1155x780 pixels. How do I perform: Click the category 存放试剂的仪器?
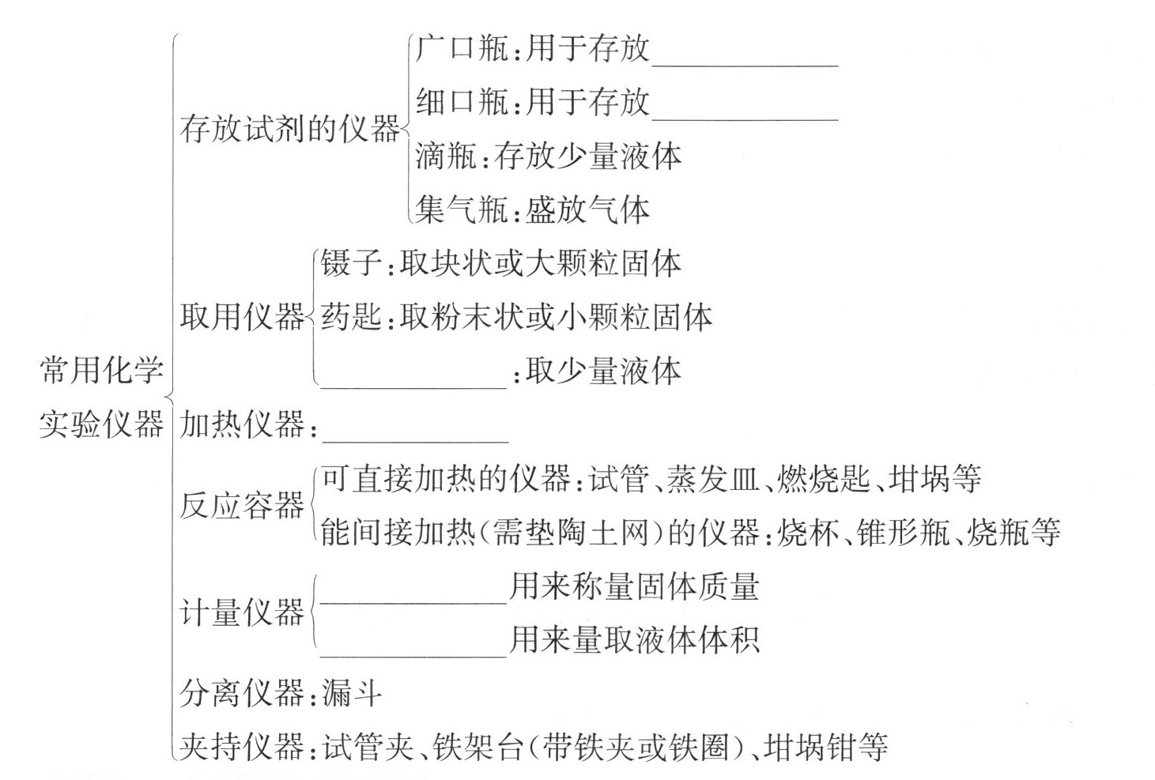[x=289, y=129]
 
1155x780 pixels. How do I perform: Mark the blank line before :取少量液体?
[x=412, y=380]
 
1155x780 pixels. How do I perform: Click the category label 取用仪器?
[x=242, y=317]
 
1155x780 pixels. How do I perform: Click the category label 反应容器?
[x=242, y=506]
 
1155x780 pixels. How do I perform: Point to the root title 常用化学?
[x=101, y=370]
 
